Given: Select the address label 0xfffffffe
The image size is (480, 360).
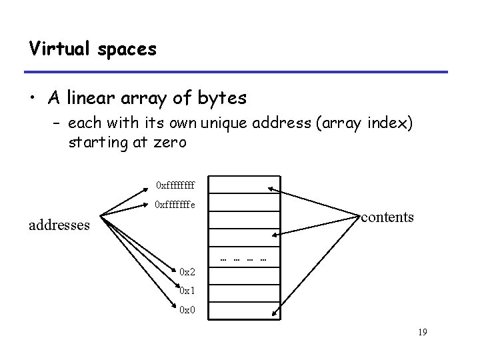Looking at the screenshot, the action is (x=175, y=205).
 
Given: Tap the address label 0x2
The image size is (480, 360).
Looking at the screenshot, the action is (x=187, y=271).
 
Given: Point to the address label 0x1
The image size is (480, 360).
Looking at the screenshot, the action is (x=187, y=291).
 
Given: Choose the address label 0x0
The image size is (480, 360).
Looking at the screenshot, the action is (x=187, y=310).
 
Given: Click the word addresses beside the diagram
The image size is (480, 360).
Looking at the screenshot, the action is (x=59, y=225).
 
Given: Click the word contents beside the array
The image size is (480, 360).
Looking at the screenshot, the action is (x=387, y=217).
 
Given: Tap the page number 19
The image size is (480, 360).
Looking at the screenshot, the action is (x=421, y=333).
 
